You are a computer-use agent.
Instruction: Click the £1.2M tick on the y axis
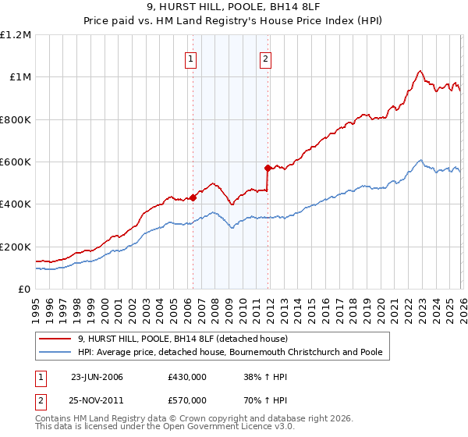click(16, 34)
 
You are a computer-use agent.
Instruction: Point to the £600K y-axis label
click(16, 162)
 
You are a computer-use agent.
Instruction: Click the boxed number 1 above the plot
click(191, 57)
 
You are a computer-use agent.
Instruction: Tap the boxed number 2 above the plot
click(266, 57)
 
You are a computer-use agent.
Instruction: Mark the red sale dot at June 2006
click(193, 197)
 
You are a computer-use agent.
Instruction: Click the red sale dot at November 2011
click(268, 168)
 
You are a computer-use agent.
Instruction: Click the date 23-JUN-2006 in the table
click(97, 376)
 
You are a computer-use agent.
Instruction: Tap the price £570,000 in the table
click(186, 400)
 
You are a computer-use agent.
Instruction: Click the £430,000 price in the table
click(186, 376)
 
